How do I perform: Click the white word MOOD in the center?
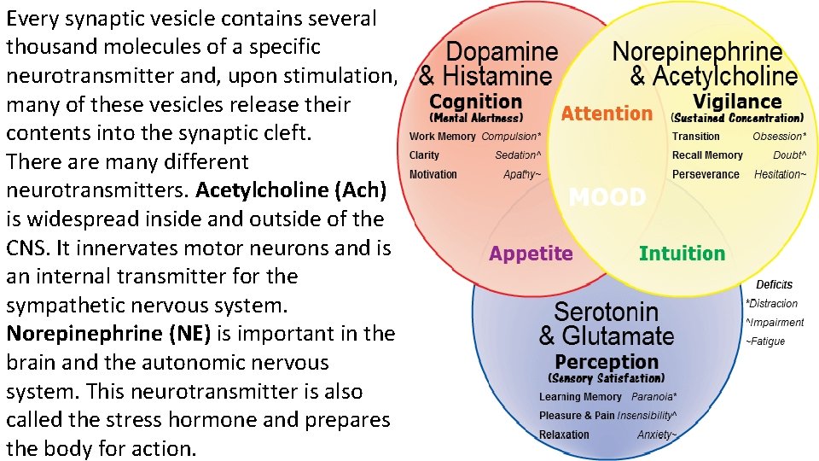click(607, 198)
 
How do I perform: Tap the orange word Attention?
click(607, 114)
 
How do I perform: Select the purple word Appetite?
click(531, 254)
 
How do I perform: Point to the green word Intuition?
click(682, 254)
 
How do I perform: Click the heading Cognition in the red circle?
click(475, 101)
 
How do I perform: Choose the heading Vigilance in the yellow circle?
click(737, 101)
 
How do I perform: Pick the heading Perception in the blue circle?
click(607, 361)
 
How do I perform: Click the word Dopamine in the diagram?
click(502, 51)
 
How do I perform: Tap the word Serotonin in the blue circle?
click(607, 311)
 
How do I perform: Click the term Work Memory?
click(443, 137)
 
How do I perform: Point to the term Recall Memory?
click(707, 155)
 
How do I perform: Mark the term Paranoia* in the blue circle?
click(654, 397)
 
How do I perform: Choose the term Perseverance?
click(706, 174)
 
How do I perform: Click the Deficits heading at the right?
click(774, 284)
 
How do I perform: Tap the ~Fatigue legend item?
click(765, 341)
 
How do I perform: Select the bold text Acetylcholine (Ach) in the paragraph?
click(291, 190)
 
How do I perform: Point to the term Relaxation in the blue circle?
click(564, 435)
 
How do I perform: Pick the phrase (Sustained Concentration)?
click(737, 118)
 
